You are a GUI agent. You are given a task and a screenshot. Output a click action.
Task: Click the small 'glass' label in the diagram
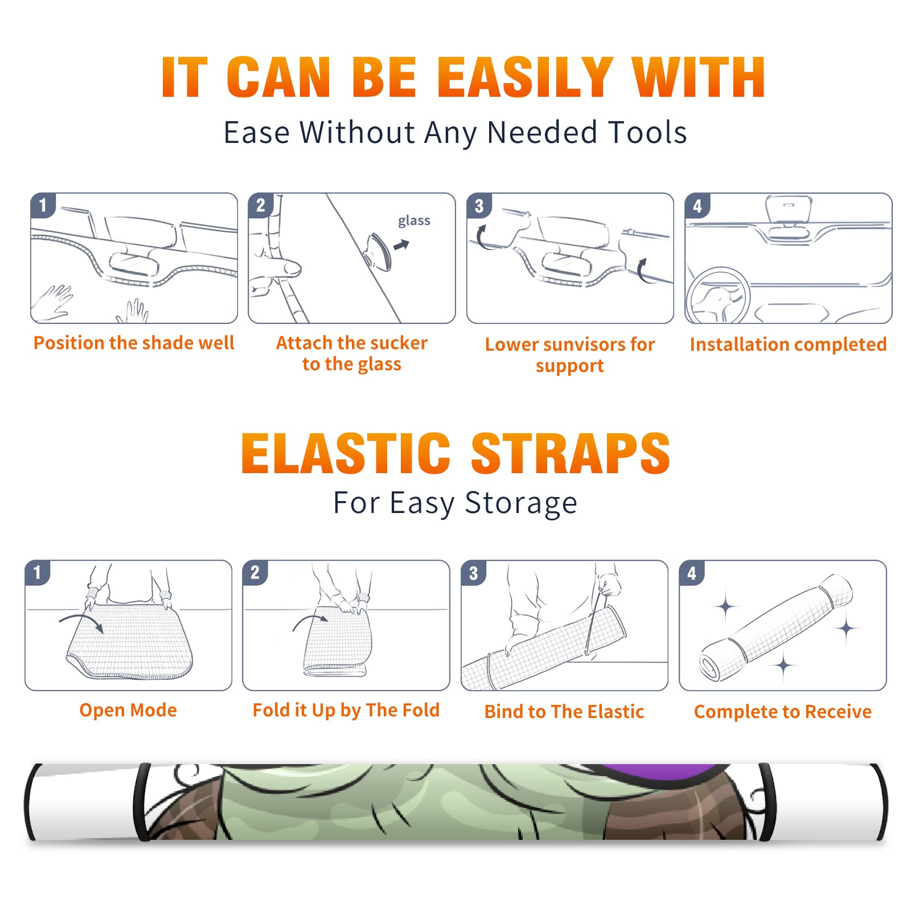(414, 221)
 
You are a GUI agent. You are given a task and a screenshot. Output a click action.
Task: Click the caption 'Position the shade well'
(134, 343)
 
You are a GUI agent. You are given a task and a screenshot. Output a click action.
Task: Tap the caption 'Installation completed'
(788, 344)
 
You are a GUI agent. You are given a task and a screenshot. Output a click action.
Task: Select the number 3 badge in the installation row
(479, 206)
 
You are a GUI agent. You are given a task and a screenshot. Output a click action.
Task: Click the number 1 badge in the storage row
(38, 572)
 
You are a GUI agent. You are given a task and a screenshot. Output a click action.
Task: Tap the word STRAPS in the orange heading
(571, 453)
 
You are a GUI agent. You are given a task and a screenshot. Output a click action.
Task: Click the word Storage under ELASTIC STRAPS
(521, 503)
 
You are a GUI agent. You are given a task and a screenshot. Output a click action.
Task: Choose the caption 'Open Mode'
(128, 710)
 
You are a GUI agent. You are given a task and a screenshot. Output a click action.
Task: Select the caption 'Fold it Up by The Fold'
(346, 710)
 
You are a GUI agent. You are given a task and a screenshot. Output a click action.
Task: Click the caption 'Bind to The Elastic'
(564, 711)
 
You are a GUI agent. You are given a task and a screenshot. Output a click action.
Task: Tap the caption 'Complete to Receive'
(783, 712)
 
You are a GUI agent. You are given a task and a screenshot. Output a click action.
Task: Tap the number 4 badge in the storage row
(692, 572)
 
